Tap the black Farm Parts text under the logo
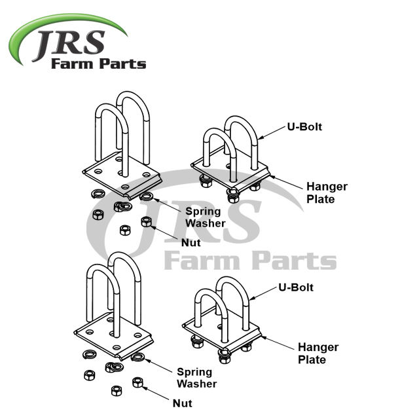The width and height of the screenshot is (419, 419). [98, 64]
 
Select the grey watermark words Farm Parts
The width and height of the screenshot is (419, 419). [249, 259]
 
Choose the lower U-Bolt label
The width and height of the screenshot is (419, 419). [295, 287]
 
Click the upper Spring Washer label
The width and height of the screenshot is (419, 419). [205, 217]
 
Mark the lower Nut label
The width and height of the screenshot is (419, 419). [183, 404]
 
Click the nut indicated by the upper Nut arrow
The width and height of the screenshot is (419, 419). [147, 222]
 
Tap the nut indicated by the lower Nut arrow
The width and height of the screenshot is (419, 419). [137, 382]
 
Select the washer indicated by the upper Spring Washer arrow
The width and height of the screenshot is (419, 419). [147, 196]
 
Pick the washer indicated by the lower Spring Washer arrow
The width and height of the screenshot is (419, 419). [137, 357]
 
